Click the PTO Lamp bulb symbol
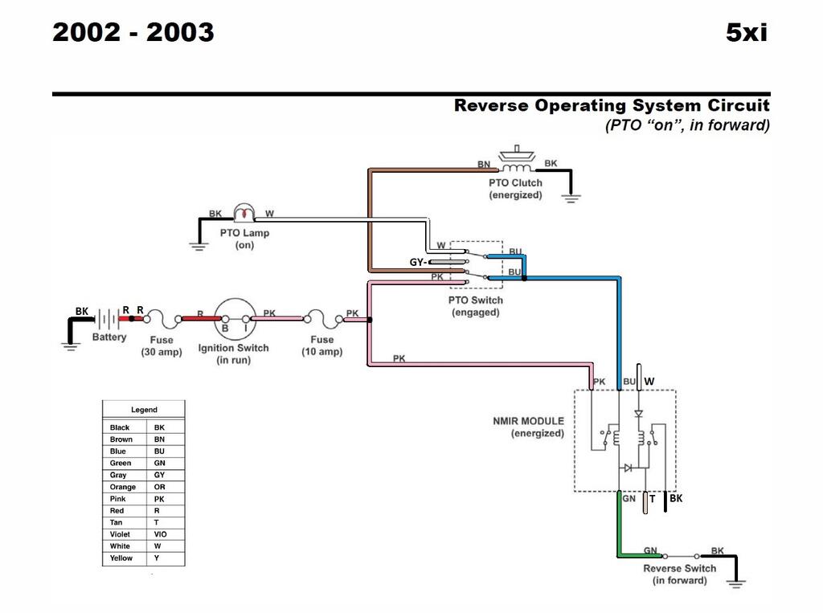(244, 212)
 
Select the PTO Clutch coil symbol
(517, 168)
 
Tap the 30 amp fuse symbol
(162, 318)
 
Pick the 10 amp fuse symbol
(323, 318)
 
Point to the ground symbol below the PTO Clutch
(571, 198)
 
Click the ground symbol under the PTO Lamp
(199, 246)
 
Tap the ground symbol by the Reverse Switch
(736, 582)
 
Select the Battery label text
(109, 337)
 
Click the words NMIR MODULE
(529, 421)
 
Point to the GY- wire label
(418, 262)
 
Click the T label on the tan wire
(653, 499)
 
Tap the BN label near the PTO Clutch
(483, 164)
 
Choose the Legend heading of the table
(144, 410)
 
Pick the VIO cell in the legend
(160, 534)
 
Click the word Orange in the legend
(123, 487)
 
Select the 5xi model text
(747, 33)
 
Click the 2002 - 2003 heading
(133, 33)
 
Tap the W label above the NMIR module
(649, 382)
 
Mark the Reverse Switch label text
(680, 568)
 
